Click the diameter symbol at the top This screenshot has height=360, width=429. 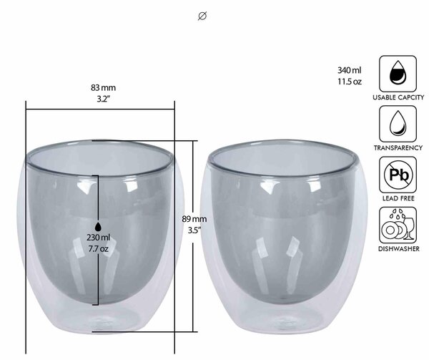(x=202, y=16)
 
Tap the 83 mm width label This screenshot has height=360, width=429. (x=103, y=88)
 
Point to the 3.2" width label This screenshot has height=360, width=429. (x=103, y=99)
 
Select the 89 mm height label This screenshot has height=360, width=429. (x=194, y=219)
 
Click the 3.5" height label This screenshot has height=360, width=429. (x=194, y=230)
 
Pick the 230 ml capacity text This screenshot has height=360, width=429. (x=98, y=238)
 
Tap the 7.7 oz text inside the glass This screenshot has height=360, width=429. (x=98, y=249)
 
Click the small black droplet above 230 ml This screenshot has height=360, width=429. (x=98, y=227)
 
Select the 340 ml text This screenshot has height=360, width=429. (x=350, y=70)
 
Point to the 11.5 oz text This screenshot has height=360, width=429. (x=350, y=82)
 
